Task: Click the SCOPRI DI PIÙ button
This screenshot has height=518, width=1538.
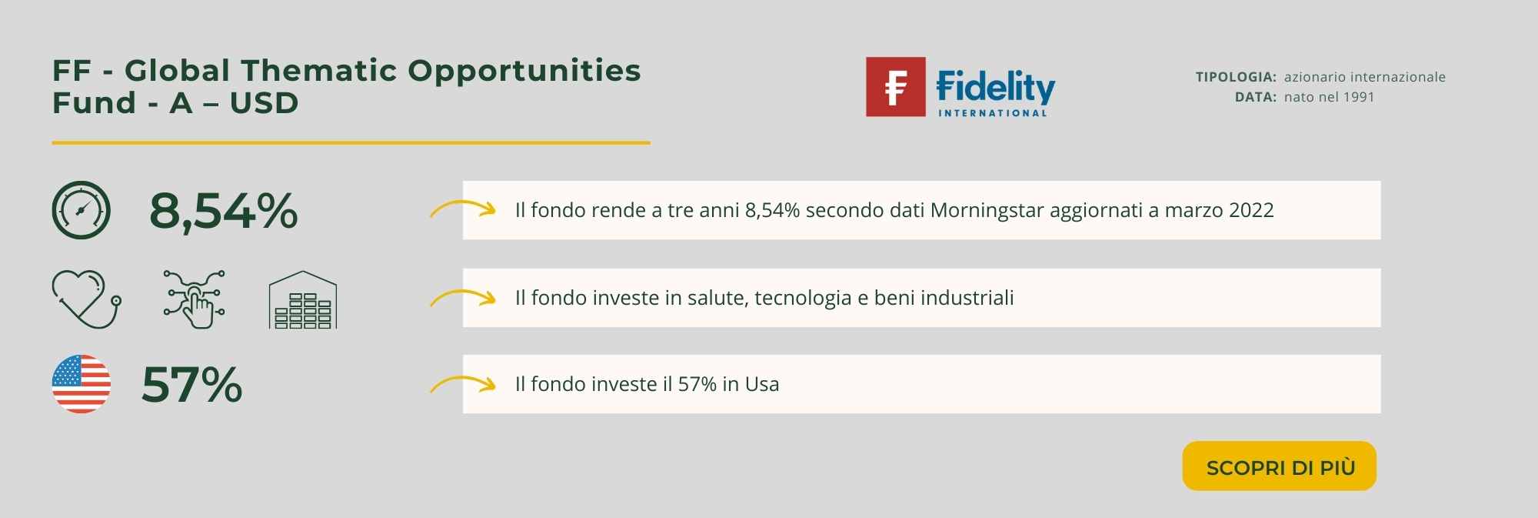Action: (1279, 466)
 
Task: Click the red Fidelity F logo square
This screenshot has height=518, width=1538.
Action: (896, 87)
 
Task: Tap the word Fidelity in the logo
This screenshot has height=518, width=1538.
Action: (996, 87)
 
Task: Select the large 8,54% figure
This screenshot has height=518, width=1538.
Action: (223, 210)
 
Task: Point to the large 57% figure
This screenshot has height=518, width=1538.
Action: (192, 384)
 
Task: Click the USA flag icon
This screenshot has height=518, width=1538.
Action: (82, 384)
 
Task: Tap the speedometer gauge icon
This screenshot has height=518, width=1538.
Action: (82, 210)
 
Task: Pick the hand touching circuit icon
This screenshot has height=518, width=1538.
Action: (195, 299)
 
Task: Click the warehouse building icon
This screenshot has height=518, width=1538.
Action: (303, 299)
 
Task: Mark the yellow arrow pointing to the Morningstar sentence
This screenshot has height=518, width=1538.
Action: (462, 209)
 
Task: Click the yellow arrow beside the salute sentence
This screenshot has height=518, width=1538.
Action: (462, 296)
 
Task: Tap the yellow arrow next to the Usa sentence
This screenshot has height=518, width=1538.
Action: (462, 383)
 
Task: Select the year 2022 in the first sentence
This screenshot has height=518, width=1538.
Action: (1251, 210)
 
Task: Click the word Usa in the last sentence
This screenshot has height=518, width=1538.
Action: (762, 384)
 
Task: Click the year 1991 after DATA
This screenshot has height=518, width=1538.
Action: (1358, 97)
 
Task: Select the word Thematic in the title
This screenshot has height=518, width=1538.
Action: (321, 70)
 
